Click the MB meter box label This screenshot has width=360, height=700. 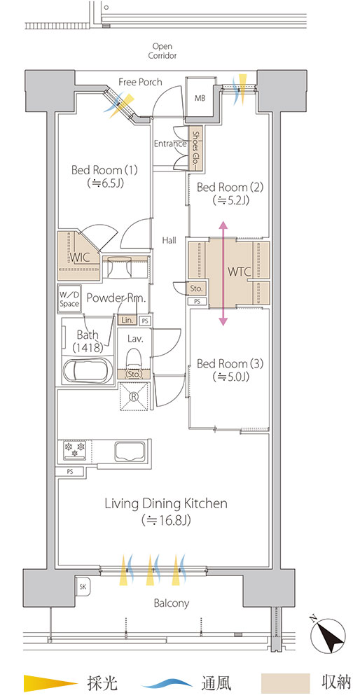pos(200,98)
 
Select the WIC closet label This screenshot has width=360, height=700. pos(80,258)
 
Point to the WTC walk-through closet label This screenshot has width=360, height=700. pos(240,272)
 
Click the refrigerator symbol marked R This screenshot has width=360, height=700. pos(133,395)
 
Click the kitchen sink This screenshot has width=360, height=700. pos(130,451)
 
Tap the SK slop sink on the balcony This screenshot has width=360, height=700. pos(83,587)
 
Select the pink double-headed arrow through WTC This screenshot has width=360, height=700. pos(223,274)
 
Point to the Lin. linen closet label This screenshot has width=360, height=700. pos(127,320)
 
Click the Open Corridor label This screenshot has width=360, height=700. pos(162,51)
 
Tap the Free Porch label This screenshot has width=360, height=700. pos(140,82)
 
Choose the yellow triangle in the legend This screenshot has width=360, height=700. pos(50,682)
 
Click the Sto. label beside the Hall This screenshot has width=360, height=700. pos(197,289)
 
